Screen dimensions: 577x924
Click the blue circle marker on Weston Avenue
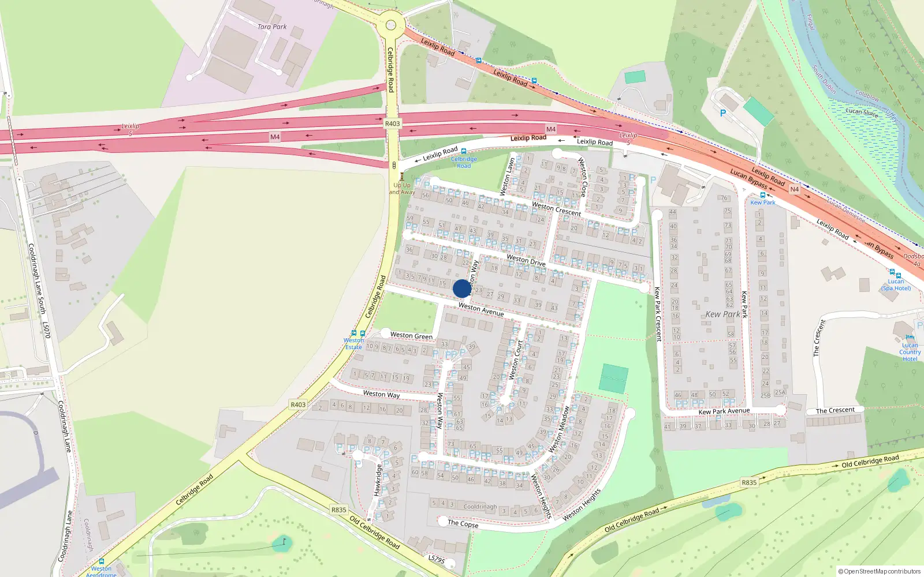[x=462, y=288]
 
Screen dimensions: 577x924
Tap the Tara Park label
[x=272, y=27]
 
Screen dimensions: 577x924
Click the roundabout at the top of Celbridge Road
[x=391, y=25]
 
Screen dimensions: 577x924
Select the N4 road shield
[x=795, y=189]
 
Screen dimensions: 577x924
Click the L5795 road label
[x=437, y=559]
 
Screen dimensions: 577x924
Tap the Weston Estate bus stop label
[x=353, y=344]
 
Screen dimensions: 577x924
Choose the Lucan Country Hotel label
[x=910, y=352]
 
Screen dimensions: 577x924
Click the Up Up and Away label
[x=401, y=189]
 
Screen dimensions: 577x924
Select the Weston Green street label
[x=411, y=335]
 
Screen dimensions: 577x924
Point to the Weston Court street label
[x=516, y=361]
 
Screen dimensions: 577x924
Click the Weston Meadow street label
[x=559, y=430]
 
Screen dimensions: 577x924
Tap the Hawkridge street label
[x=378, y=480]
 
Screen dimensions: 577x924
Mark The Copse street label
[x=463, y=523]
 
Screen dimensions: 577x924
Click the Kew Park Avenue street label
[x=724, y=411]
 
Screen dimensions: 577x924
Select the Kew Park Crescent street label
[x=657, y=314]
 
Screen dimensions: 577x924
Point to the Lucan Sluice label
[x=862, y=112]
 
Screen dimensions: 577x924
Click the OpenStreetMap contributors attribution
[x=880, y=571]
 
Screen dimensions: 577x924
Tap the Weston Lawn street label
[x=507, y=177]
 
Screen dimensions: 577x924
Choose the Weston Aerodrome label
[x=101, y=571]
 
